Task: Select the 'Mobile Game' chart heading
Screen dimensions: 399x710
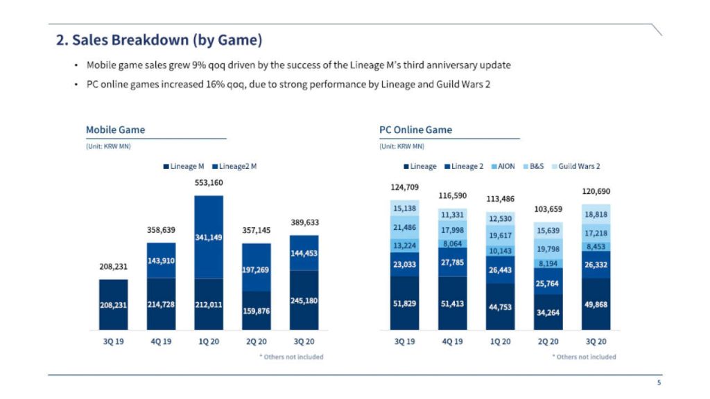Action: click(115, 130)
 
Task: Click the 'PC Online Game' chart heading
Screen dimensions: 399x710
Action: click(415, 130)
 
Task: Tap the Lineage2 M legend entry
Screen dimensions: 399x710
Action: click(235, 167)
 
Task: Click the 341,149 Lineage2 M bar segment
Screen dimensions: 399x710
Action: click(209, 237)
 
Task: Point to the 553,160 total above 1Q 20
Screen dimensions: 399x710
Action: click(209, 184)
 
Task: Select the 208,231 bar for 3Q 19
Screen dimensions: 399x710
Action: click(114, 304)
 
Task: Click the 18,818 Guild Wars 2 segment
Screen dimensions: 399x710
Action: click(596, 215)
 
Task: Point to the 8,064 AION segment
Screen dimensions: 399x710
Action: click(452, 244)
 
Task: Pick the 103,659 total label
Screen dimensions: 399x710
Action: click(548, 209)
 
